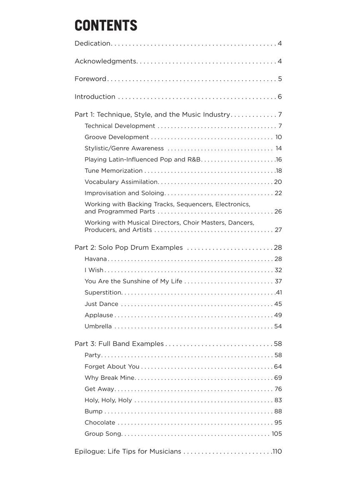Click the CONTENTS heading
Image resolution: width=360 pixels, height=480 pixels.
106,25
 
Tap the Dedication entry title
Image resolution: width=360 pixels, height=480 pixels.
92,43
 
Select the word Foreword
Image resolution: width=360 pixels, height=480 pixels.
90,79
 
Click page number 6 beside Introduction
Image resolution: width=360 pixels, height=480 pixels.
280,97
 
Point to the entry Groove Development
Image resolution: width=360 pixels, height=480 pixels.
117,137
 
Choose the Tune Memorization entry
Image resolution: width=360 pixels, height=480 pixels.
113,171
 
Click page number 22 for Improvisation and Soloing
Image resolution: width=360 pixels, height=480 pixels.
278,193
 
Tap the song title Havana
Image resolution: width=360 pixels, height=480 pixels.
96,259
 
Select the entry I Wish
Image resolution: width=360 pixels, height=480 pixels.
94,270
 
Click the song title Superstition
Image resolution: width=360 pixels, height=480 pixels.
103,293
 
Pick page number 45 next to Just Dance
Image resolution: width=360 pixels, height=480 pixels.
278,304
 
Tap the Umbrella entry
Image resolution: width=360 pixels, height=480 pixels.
98,327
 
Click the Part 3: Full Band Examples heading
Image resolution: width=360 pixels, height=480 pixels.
119,344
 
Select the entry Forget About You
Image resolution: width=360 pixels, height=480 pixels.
112,367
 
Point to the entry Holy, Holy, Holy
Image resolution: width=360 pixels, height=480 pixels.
108,400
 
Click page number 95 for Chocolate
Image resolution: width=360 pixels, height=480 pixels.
278,423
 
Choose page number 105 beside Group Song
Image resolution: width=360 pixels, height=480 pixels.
277,434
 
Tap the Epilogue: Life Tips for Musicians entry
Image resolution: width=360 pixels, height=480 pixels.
128,452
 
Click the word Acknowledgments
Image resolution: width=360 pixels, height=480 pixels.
105,61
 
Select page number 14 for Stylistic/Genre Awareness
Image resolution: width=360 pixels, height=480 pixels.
279,148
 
